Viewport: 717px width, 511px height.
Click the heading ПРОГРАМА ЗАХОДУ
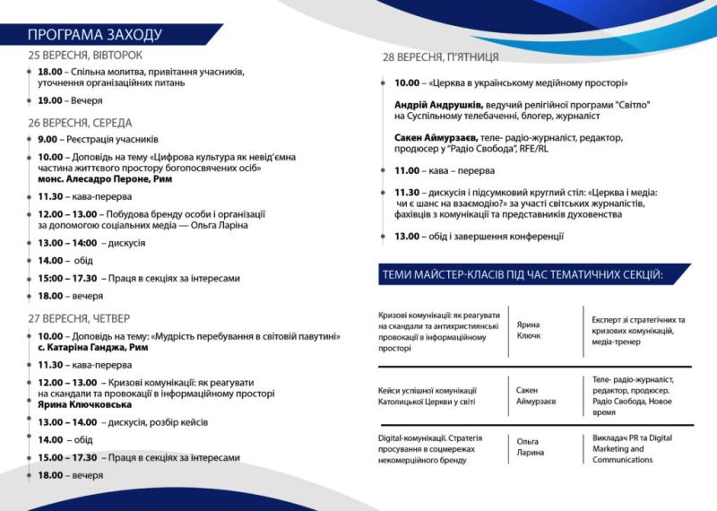coord(94,35)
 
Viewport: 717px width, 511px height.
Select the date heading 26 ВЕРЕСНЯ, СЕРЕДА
coord(80,122)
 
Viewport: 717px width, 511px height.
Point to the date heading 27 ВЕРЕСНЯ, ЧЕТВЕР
coord(79,318)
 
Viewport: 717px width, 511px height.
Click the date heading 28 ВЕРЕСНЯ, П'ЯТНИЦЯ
coord(441,58)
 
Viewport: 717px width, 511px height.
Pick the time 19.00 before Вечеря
coord(50,100)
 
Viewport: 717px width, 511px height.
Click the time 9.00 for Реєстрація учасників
coord(48,139)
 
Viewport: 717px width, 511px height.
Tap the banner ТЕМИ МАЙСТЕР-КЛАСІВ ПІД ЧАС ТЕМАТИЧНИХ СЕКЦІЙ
coord(523,273)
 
